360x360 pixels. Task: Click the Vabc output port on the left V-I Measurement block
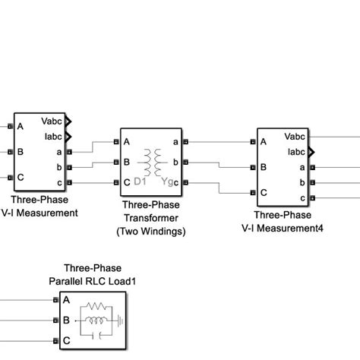tap(68, 121)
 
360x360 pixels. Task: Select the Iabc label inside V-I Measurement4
tap(295, 152)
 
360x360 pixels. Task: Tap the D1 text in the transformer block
tap(139, 182)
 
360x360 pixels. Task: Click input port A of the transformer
tap(115, 141)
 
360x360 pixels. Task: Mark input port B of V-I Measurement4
tap(252, 167)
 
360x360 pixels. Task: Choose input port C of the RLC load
tap(55, 342)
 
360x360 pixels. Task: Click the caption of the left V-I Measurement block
tap(39, 207)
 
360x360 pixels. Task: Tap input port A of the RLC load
tap(55, 301)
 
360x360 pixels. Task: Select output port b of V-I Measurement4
tap(313, 182)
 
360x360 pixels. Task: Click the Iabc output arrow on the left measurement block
tap(68, 137)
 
